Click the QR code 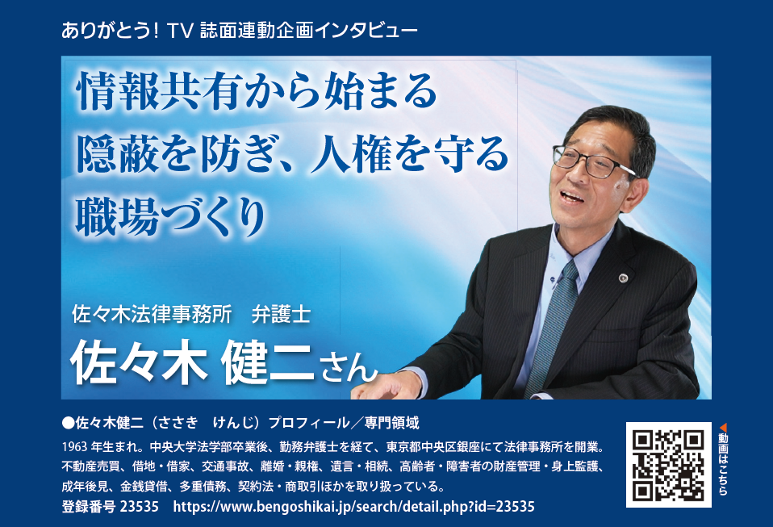pos(668,464)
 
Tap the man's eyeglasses pos(591,161)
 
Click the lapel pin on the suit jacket pos(624,278)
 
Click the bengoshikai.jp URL pos(353,506)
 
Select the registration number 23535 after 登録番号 pos(140,506)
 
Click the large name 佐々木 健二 pos(192,365)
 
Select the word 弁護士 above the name pos(281,314)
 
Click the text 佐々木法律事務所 pos(152,314)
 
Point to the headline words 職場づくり pos(171,217)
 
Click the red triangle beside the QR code pos(723,428)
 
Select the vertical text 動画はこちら pos(723,464)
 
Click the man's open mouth pos(573,197)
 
